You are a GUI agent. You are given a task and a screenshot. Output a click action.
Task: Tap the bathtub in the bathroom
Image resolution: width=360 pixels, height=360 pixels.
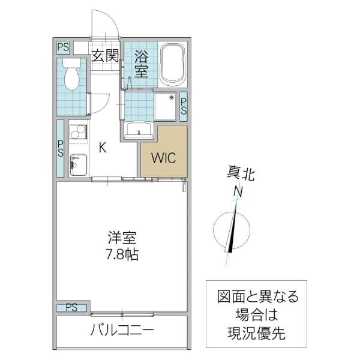pos(174,64)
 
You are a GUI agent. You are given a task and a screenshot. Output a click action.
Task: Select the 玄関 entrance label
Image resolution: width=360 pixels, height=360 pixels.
pos(105,56)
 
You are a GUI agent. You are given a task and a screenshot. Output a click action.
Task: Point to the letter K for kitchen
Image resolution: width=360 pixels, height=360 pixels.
pos(103,148)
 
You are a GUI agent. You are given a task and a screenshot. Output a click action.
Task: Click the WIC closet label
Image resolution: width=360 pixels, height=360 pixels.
pos(163,158)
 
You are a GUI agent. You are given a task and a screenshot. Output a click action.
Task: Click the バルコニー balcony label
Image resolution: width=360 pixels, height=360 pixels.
pos(122,330)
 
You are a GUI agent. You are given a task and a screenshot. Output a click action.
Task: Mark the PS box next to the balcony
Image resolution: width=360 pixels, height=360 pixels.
pos(72,308)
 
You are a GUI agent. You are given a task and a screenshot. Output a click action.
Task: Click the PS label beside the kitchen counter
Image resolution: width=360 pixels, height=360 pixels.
pos(61,148)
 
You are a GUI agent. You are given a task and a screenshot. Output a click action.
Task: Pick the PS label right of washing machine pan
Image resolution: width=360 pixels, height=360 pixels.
pos(183,106)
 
